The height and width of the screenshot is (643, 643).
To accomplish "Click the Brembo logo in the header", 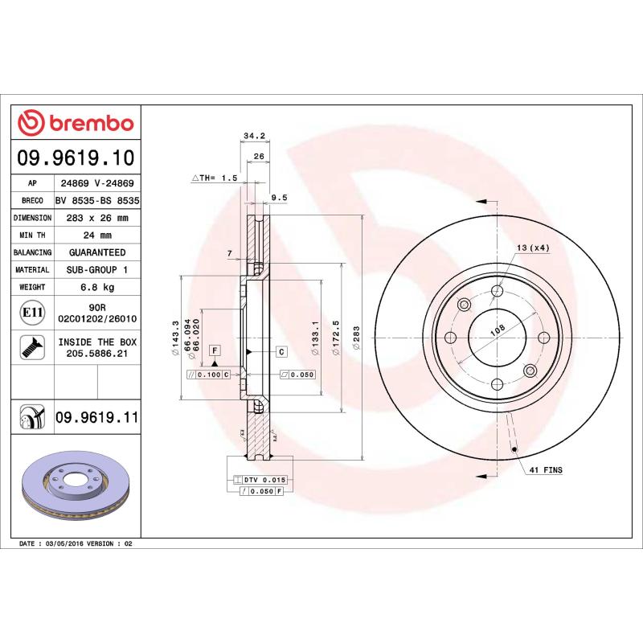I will click(76, 123).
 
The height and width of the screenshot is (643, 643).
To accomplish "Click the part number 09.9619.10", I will click(76, 158).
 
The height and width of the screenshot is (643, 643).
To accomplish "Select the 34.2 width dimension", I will click(254, 136).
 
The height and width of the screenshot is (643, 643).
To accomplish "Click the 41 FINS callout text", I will click(547, 469).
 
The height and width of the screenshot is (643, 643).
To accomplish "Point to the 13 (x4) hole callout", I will click(533, 248).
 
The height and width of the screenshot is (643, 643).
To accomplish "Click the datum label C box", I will click(282, 351).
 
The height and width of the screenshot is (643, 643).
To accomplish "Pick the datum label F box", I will click(215, 350).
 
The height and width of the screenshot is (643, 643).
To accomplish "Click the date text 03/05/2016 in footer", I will click(64, 544).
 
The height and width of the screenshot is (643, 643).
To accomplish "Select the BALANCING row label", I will click(32, 252).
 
